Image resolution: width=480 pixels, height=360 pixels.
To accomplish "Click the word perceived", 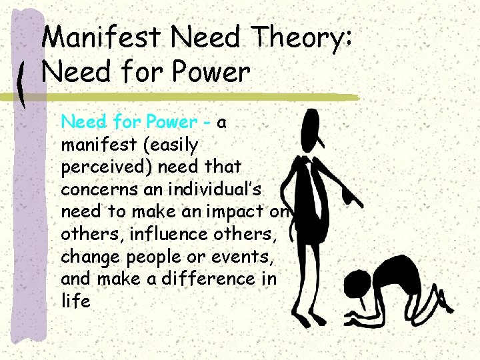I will pos(96,166).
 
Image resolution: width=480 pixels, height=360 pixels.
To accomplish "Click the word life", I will pos(75,301).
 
